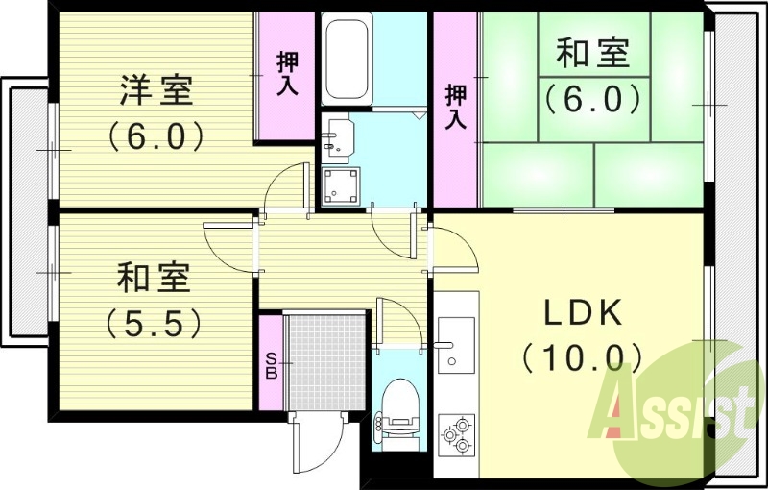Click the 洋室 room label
(156, 91)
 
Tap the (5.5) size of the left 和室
(156, 321)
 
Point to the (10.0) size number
(584, 357)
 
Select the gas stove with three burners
(456, 432)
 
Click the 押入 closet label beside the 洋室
(286, 73)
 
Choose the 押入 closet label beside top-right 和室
(456, 107)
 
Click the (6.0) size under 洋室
(156, 135)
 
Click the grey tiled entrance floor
(327, 360)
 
